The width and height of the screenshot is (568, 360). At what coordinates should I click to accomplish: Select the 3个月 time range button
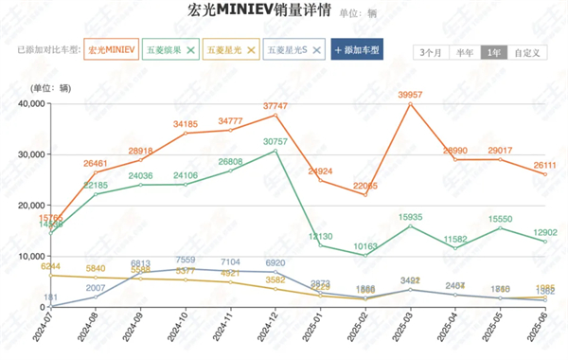[x=431, y=52]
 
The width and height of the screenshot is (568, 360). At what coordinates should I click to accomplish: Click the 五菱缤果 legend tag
[x=170, y=48]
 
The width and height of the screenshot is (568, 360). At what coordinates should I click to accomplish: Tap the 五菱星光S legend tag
[x=294, y=48]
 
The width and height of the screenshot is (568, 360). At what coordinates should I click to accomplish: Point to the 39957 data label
[x=410, y=95]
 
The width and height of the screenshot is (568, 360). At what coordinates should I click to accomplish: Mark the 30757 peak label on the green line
[x=275, y=141]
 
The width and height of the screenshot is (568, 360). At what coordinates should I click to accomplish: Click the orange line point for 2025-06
[x=545, y=174]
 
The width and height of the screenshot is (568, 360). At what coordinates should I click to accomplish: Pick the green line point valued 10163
[x=365, y=256]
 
